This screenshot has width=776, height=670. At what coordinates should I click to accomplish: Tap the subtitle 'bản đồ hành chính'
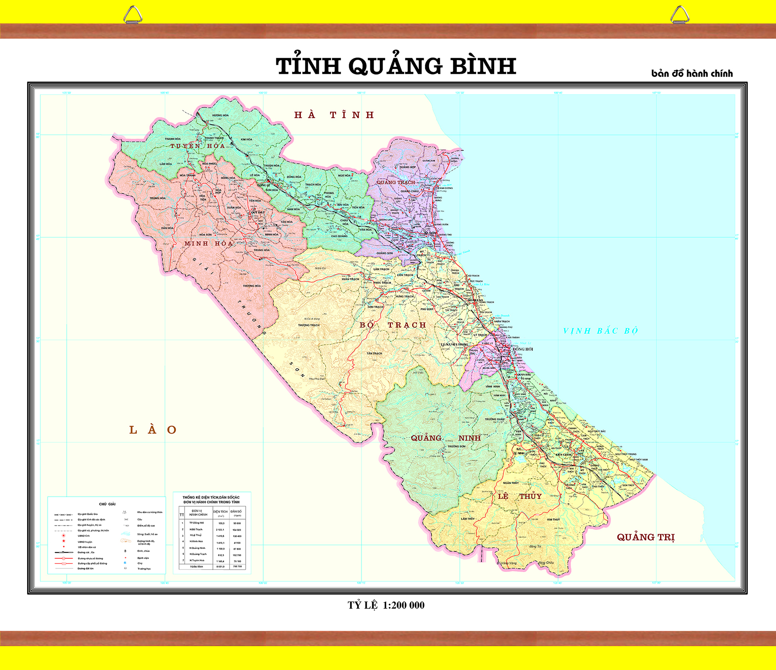692,74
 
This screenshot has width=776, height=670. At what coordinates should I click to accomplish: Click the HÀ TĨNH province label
334,115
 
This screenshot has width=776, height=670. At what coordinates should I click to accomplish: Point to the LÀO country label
152,430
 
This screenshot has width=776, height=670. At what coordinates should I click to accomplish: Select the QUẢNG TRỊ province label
645,537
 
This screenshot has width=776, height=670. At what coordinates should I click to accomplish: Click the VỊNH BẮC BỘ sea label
600,331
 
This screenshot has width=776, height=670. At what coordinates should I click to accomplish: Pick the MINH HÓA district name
208,243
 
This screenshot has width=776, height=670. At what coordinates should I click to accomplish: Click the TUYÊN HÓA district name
197,146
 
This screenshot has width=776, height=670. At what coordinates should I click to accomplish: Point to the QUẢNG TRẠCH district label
396,182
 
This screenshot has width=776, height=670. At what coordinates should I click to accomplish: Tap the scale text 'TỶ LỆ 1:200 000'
386,605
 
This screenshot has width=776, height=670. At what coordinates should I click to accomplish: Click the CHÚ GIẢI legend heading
107,504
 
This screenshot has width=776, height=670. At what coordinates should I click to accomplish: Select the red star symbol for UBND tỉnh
63,535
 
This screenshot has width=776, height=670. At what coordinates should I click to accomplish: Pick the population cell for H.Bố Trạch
237,530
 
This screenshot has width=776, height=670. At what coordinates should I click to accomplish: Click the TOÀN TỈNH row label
196,566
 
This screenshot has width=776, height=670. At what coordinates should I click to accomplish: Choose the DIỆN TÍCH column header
220,512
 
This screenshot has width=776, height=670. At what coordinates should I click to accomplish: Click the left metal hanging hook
133,15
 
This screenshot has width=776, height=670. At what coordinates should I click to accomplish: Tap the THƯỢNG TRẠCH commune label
309,325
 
